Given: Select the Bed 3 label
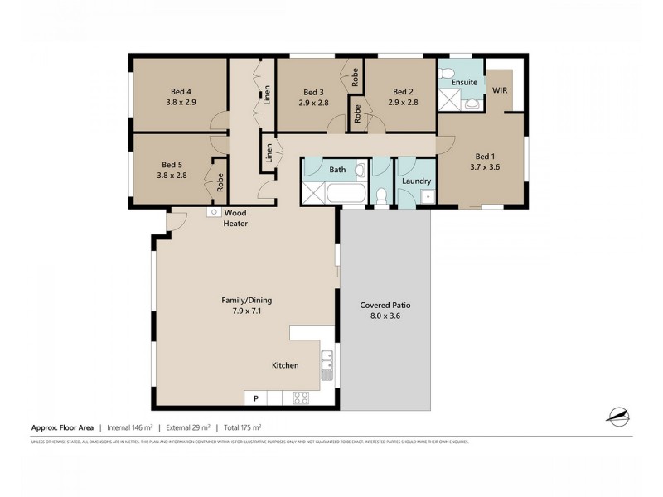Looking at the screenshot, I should (x=312, y=92).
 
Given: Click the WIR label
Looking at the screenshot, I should (x=500, y=89).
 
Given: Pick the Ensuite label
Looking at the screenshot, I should (x=463, y=83).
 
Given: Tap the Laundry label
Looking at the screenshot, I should (x=415, y=181).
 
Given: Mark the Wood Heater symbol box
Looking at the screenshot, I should (x=214, y=212).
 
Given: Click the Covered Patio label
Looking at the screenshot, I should (x=385, y=305).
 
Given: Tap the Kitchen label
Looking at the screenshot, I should (x=285, y=365).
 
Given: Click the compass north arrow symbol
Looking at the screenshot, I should (x=618, y=417).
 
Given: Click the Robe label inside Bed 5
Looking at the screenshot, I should (x=220, y=182).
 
